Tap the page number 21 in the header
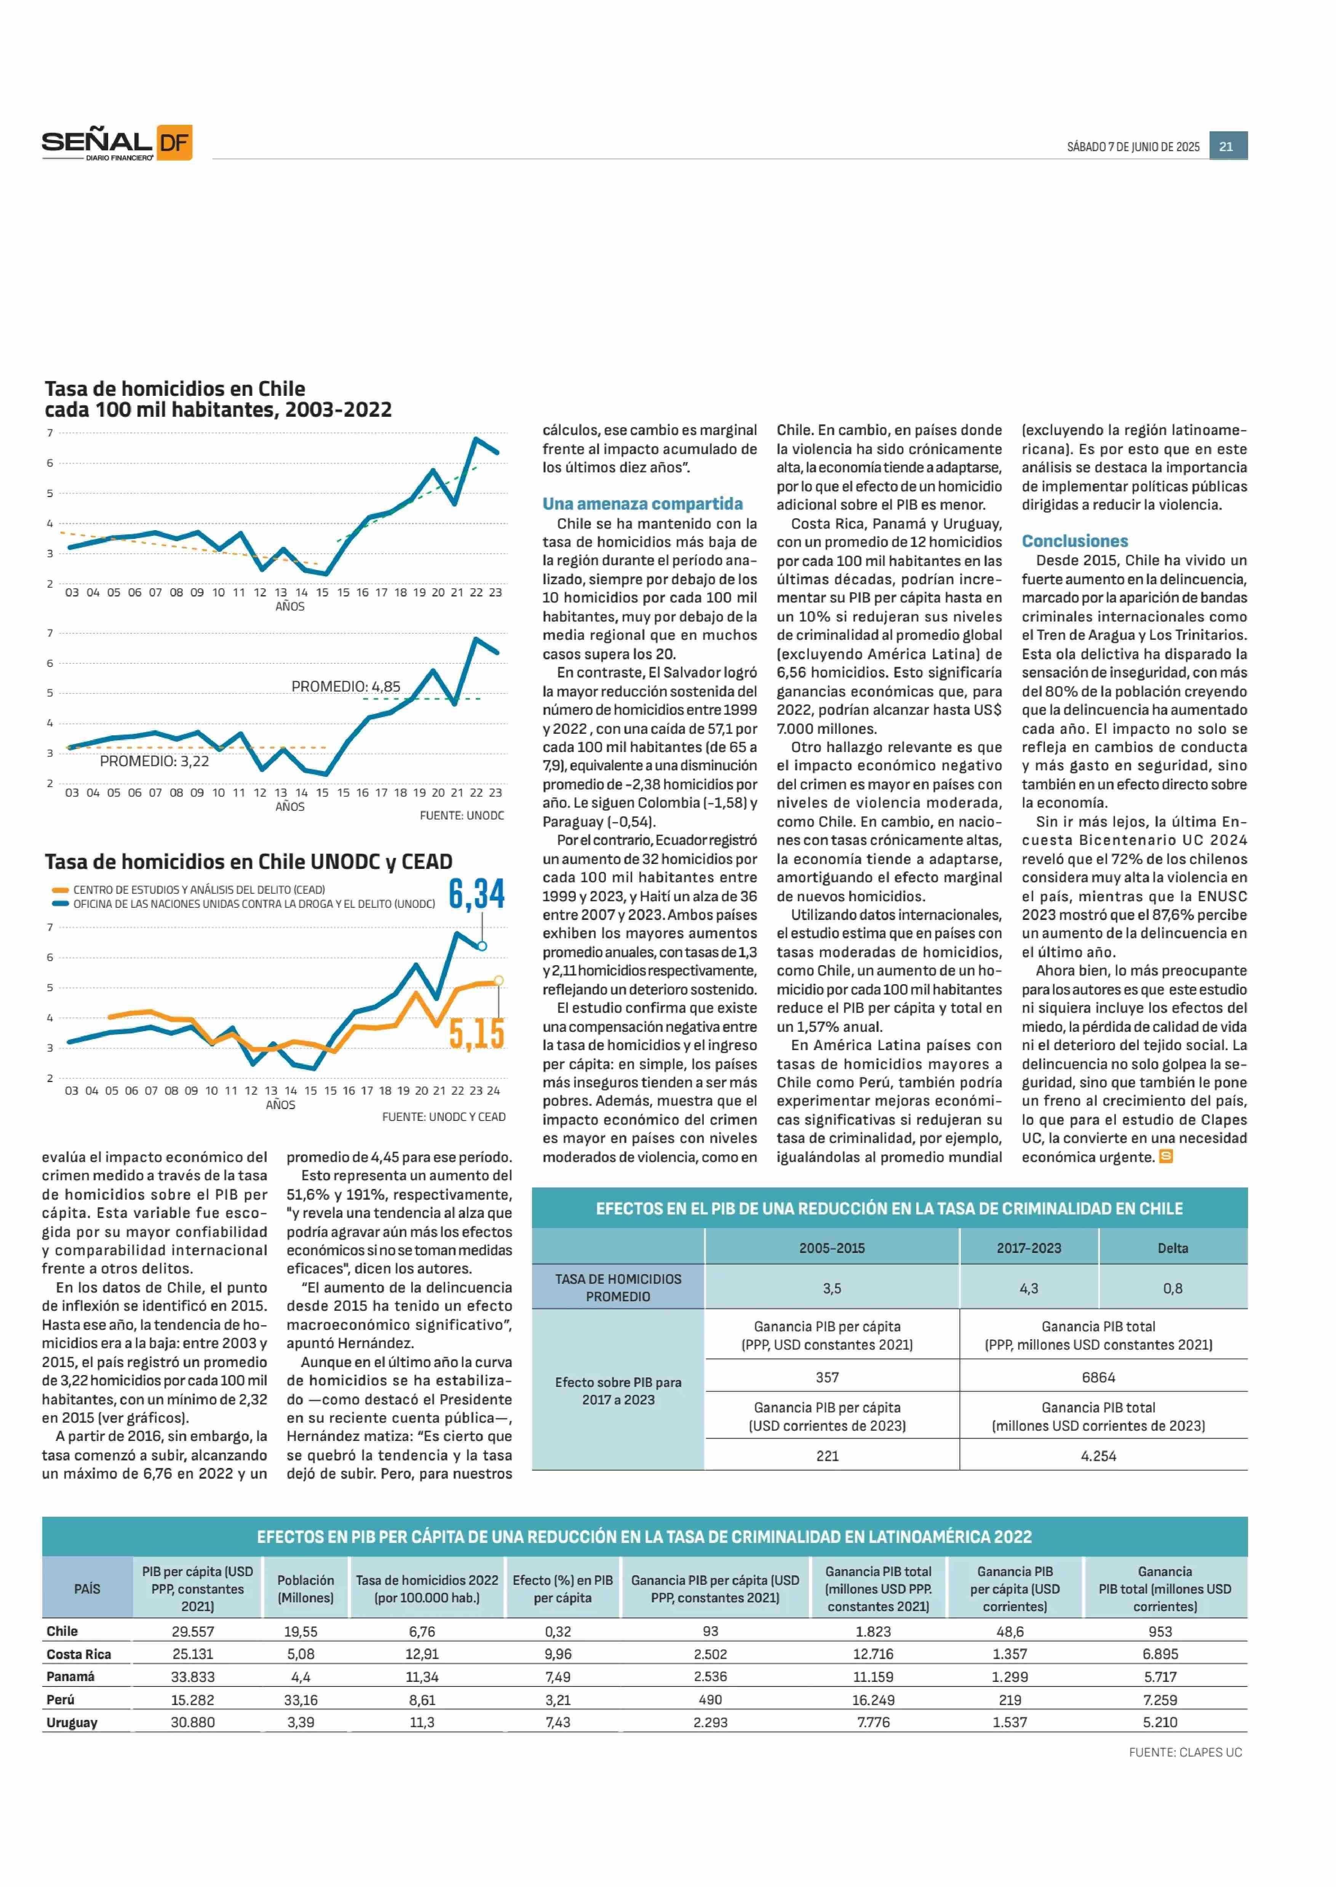pos(1227,147)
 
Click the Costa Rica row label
pos(79,1653)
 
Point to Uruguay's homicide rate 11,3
pos(422,1722)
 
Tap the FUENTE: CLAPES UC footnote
pos(1185,1752)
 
